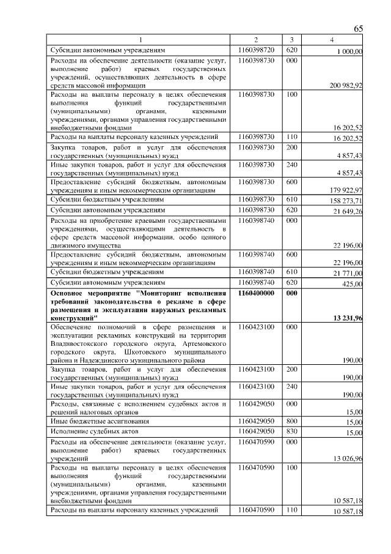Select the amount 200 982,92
click(346, 86)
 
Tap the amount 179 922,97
click(346, 190)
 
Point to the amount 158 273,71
click(346, 201)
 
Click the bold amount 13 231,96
click(346, 318)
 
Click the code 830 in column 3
click(291, 432)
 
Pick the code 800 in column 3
click(291, 421)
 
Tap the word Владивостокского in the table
click(79, 345)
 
